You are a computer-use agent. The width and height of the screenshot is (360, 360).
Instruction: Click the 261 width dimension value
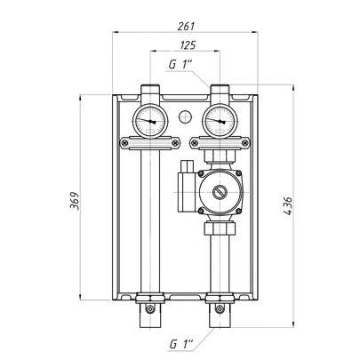coord(186,26)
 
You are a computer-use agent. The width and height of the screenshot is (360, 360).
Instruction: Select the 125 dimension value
coord(188,45)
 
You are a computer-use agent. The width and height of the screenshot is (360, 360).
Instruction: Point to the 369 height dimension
coord(75,201)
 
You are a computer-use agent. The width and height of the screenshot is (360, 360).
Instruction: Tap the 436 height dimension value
coord(287,205)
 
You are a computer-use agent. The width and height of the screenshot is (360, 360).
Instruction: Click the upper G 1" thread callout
coord(180,65)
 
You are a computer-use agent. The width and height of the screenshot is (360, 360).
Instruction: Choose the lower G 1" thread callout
coord(181,344)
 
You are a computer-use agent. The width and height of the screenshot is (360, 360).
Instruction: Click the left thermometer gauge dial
coord(150,121)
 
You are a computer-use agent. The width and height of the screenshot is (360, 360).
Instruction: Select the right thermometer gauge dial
coord(220,121)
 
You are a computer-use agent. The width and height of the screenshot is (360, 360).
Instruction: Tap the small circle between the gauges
coord(185,116)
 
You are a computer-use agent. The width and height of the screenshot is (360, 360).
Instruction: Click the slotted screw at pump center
coord(220,192)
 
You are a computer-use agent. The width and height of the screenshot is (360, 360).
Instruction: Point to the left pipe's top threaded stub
coord(150,90)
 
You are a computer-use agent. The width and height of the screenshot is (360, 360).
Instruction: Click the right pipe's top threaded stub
coord(220,90)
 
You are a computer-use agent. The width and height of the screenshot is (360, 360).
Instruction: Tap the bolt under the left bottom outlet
coord(150,309)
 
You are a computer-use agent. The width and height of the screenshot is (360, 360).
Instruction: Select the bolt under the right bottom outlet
coord(220,309)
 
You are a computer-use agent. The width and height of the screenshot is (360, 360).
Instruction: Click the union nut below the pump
coord(220,228)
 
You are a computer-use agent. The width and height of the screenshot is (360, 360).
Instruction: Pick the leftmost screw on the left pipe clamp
coord(124,143)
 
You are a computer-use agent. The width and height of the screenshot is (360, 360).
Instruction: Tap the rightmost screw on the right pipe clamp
coord(245,143)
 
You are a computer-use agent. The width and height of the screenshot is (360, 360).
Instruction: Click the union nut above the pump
coord(220,156)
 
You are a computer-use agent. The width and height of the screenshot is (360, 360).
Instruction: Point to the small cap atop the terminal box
coord(188,166)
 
